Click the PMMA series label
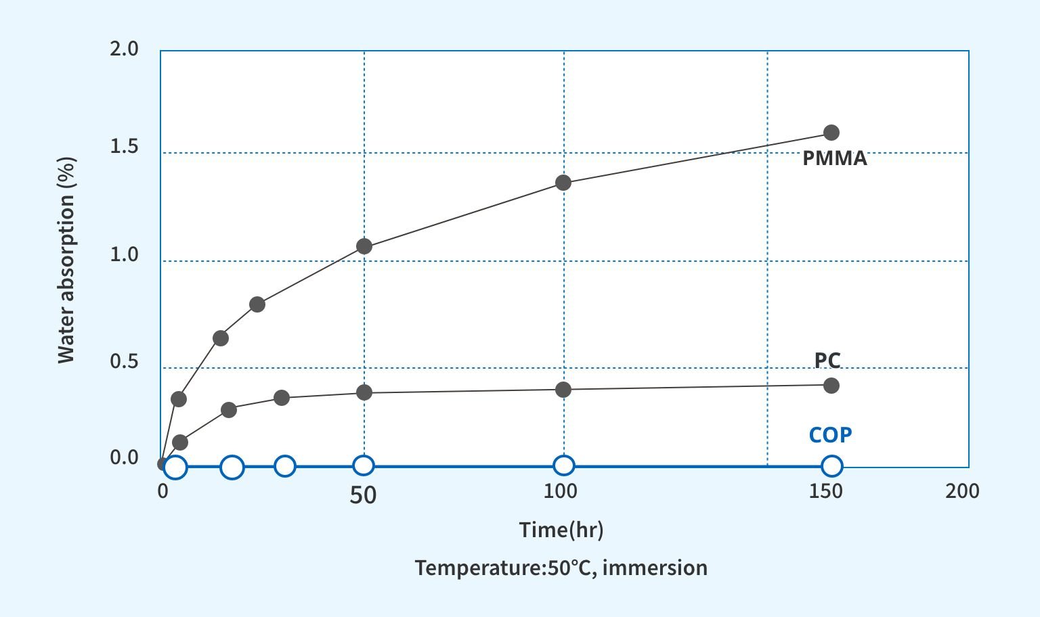pos(834,158)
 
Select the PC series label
pos(827,360)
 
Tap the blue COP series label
pos(830,434)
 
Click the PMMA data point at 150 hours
pos(831,133)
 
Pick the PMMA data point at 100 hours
pos(563,183)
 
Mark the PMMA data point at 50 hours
pos(364,246)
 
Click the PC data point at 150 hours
pos(831,386)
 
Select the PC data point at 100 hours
pos(563,390)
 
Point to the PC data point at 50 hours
pos(364,392)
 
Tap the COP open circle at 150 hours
pos(832,465)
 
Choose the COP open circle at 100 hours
pos(564,465)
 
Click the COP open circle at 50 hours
pos(364,465)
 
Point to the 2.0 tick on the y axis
pos(124,49)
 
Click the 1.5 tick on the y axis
pos(124,147)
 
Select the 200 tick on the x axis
pos(962,491)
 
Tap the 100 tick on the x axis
pos(561,491)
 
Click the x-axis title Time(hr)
pos(561,529)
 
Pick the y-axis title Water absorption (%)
pos(66,260)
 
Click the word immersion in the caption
pos(654,568)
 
